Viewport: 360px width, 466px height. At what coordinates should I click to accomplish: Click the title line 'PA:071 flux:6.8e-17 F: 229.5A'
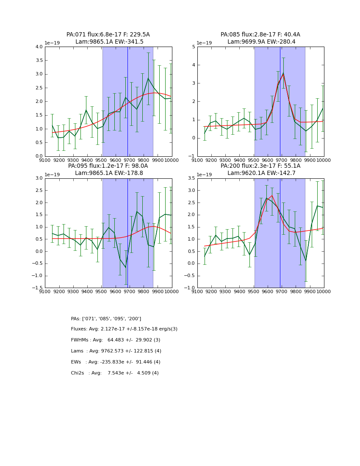pos(108,35)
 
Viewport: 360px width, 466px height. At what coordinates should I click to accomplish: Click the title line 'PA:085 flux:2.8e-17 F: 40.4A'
pos(260,35)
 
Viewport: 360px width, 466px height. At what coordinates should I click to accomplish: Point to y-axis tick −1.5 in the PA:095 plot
pos(37,288)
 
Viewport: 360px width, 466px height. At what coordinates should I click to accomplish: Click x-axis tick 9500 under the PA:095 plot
pos(101,291)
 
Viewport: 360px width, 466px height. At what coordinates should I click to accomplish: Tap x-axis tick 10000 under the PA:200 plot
pos(324,291)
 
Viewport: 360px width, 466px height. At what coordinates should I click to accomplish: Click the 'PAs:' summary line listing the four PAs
pos(106,319)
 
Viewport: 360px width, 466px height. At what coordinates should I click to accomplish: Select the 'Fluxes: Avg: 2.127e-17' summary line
pos(124,329)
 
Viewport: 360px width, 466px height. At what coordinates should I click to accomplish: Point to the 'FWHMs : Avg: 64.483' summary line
pos(116,340)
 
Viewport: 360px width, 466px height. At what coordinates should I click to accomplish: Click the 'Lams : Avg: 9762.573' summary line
pos(116,351)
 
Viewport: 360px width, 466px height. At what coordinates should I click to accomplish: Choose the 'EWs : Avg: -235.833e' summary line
pos(116,362)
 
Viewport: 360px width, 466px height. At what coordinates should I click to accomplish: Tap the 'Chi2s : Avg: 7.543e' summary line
pos(115,373)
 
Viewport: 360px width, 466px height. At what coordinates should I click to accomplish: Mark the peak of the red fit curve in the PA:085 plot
pos(283,75)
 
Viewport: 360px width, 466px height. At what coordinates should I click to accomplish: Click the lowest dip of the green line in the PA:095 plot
pos(126,267)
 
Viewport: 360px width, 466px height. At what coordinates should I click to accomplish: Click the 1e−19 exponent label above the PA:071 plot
pos(53,43)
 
